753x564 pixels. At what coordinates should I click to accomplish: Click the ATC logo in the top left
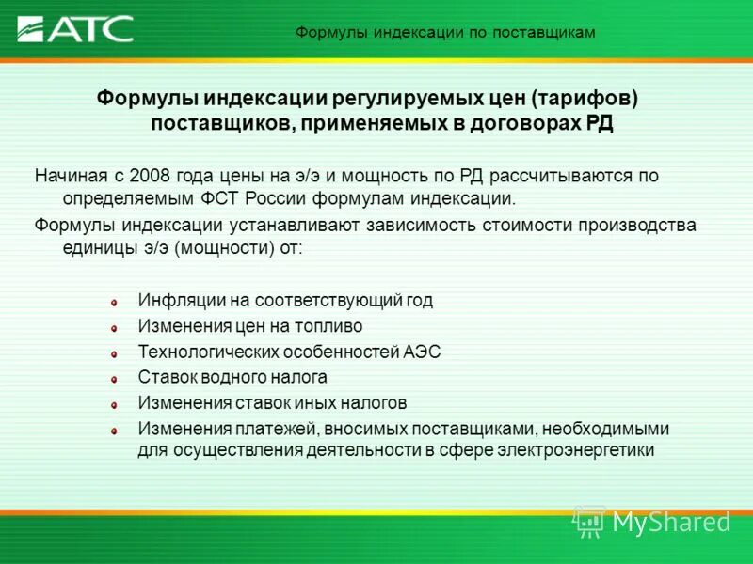click(x=75, y=29)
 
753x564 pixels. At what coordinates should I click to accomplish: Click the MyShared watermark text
click(x=671, y=522)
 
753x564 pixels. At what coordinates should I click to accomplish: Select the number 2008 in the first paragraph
click(x=151, y=176)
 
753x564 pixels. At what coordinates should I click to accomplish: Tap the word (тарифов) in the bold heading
click(x=585, y=99)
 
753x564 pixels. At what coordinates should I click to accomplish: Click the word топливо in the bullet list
click(x=329, y=326)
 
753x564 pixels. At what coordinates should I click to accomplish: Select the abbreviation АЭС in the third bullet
click(x=422, y=352)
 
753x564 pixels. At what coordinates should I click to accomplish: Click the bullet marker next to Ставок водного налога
click(x=113, y=379)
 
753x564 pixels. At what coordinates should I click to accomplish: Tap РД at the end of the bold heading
click(x=600, y=124)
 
